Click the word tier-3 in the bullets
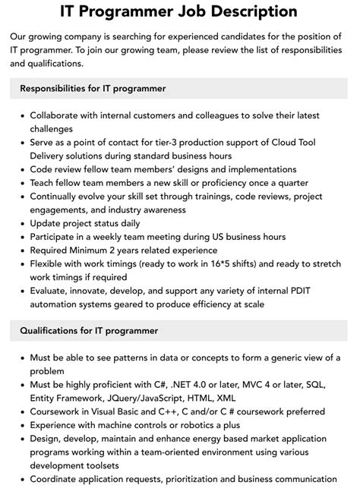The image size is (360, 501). pyautogui.click(x=172, y=143)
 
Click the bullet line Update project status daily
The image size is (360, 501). pyautogui.click(x=85, y=224)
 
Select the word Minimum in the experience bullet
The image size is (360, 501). pyautogui.click(x=98, y=251)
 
